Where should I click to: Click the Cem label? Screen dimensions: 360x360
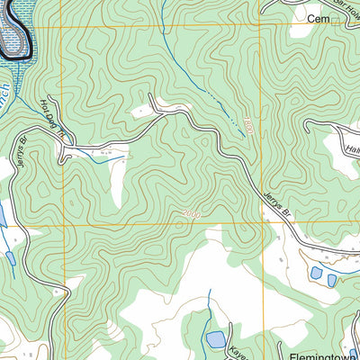[316, 18]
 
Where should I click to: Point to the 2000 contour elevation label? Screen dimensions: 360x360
[190, 212]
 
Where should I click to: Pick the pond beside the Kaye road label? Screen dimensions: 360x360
[215, 339]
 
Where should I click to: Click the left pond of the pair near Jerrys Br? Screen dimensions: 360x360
[315, 273]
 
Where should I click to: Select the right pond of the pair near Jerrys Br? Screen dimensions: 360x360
[332, 280]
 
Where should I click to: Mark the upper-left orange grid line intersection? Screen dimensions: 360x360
[63, 27]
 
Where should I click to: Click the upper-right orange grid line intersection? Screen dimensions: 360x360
[260, 24]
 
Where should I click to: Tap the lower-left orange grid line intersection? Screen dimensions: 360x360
[65, 225]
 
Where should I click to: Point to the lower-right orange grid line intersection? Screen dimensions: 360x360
[262, 223]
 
